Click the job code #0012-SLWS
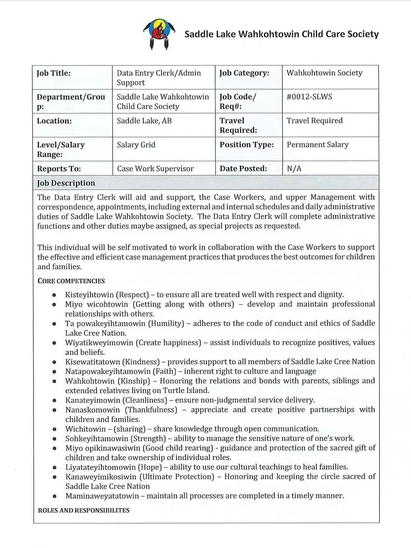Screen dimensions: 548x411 pos(309,97)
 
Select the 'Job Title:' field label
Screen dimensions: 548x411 pos(54,73)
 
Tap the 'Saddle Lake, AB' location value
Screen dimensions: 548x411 pos(144,121)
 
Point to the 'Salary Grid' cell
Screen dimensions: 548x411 pos(136,145)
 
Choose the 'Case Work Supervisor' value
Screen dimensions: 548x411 pos(155,169)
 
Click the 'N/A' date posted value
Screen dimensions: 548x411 pos(294,169)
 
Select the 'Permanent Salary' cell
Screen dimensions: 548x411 pos(317,145)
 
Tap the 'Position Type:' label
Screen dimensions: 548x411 pos(246,145)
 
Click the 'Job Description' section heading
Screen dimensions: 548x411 pos(66,183)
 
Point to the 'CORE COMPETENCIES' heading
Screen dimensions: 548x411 pos(71,281)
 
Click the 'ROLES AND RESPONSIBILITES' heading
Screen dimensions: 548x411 pos(83,510)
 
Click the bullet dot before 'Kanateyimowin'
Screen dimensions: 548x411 pos(54,401)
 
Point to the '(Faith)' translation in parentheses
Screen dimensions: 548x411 pos(164,371)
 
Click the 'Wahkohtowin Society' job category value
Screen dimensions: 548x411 pos(324,73)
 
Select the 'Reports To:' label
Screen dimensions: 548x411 pos(59,169)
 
